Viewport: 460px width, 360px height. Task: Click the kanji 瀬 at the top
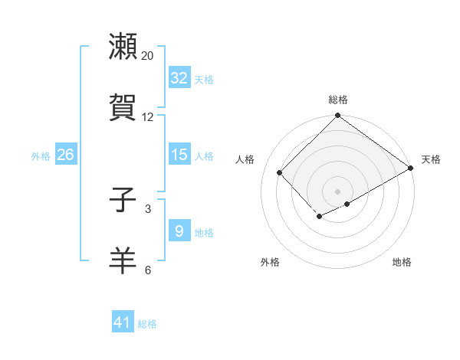coord(123,47)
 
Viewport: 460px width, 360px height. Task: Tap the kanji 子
coord(123,201)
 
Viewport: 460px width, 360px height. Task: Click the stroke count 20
coord(148,56)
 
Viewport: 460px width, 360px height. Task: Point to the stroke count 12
coord(148,117)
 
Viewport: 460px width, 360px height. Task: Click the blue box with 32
coord(179,78)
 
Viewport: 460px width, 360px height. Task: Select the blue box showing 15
coord(179,155)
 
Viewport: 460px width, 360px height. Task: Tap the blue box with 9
coord(179,231)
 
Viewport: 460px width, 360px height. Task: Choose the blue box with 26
coord(65,155)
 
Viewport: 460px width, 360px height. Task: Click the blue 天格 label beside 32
coord(204,80)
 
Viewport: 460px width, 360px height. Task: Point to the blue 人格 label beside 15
coord(204,156)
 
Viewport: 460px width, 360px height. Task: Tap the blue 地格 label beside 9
coord(204,233)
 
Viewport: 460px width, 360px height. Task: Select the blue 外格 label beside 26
coord(41,156)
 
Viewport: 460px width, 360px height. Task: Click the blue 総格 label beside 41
coord(147,324)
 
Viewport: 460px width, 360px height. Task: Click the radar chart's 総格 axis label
coord(338,100)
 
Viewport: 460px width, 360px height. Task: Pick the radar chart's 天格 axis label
coord(431,159)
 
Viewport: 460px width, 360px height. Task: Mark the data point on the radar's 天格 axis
coord(411,169)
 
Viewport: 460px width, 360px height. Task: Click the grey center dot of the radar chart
coord(337,191)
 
